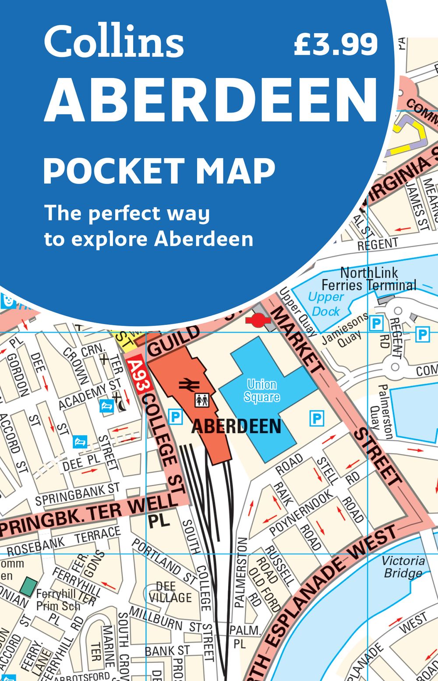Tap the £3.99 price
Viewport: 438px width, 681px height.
pos(336,44)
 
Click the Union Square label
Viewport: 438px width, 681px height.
pos(261,391)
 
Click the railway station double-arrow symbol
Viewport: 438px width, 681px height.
pos(189,385)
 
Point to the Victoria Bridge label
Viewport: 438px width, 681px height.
pos(403,567)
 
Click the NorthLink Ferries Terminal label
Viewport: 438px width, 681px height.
pos(369,279)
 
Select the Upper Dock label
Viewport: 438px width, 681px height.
pos(325,304)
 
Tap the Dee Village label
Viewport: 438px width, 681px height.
pos(170,592)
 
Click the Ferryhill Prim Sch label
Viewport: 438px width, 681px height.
pos(58,600)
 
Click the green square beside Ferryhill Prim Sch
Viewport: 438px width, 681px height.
pos(29,587)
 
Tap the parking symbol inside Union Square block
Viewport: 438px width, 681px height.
pos(316,419)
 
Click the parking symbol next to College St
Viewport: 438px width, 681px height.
pos(175,416)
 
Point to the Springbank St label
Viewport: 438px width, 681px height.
pos(78,494)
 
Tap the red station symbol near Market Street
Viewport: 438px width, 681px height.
pos(257,321)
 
